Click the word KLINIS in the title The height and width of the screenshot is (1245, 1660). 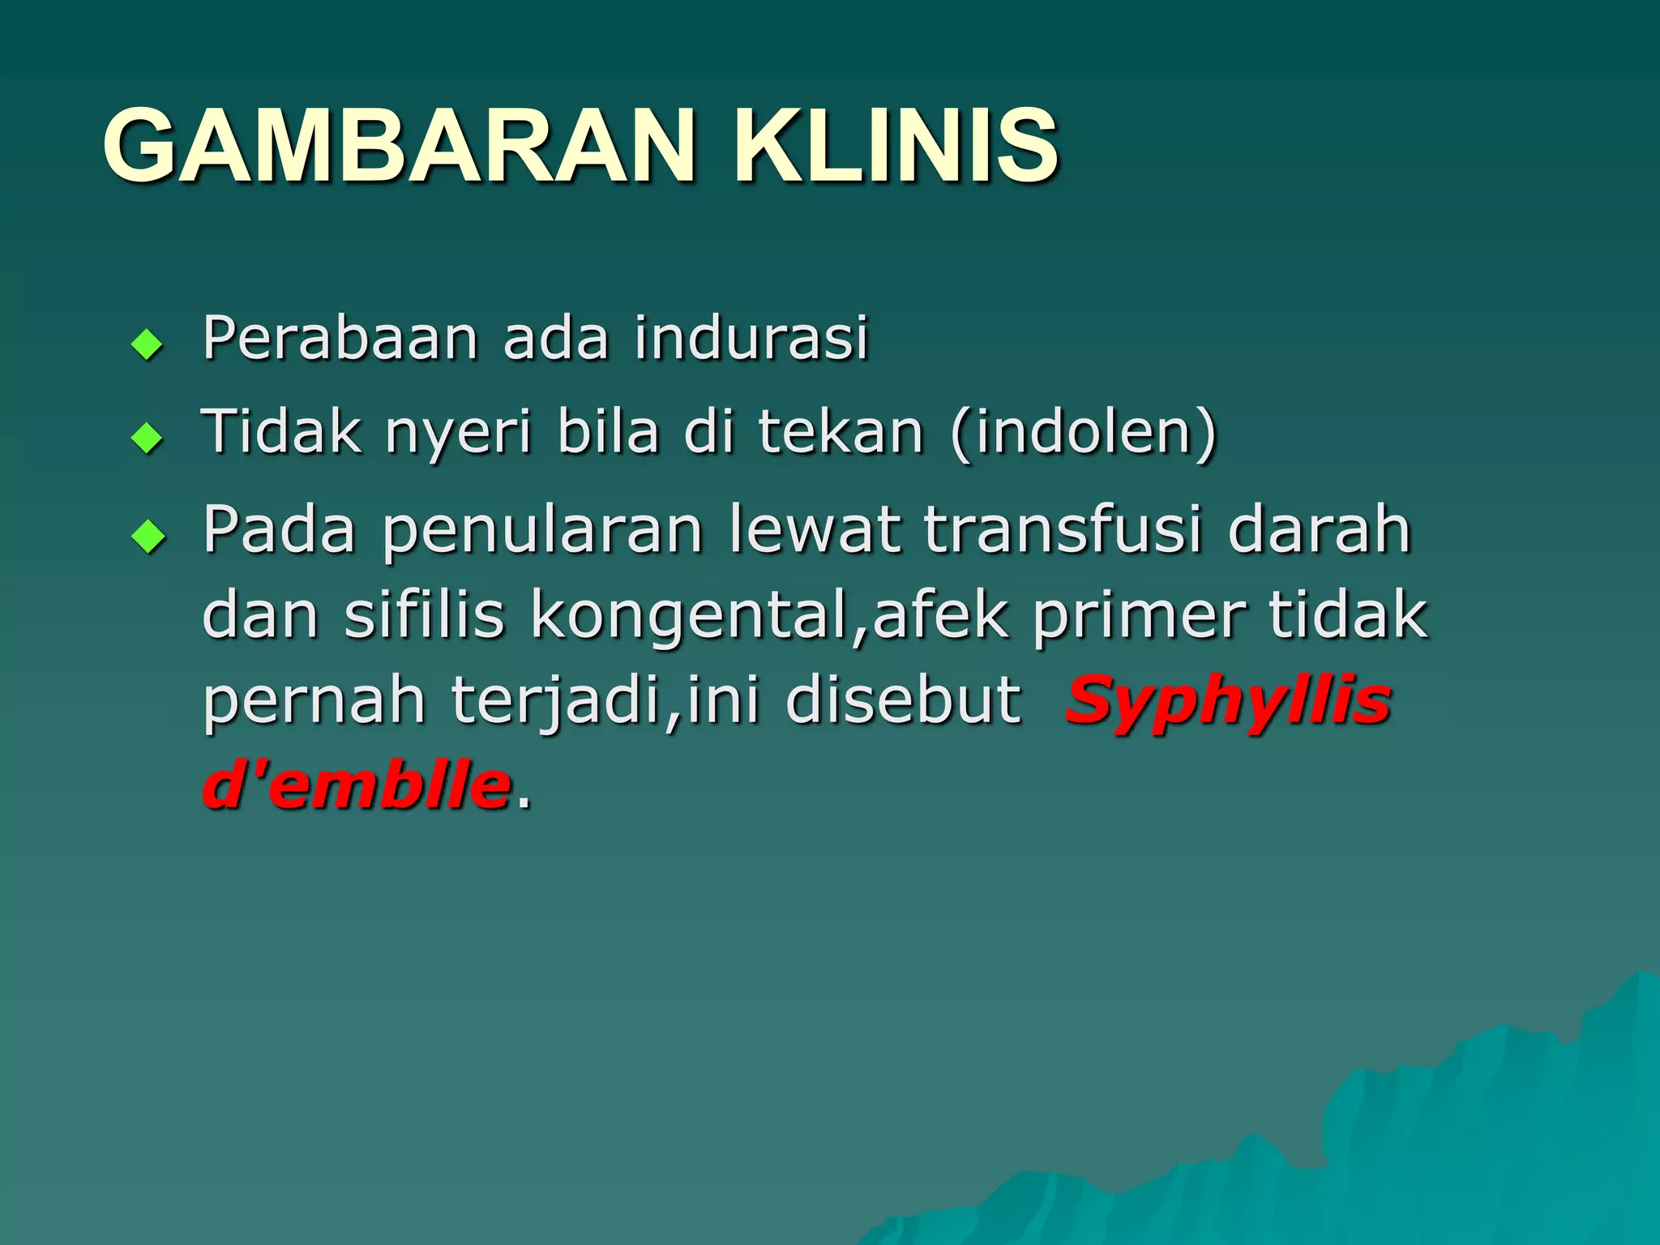895,146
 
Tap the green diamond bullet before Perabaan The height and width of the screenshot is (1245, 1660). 148,344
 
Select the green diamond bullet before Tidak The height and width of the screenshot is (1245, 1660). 148,439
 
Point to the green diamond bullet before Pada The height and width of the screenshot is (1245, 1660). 148,536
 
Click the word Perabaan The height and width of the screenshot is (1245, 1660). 340,338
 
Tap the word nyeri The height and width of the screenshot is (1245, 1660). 459,433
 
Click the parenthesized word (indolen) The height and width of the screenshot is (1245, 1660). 1084,433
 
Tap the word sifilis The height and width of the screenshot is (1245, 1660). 424,615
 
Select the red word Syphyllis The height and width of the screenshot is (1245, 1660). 1228,702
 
